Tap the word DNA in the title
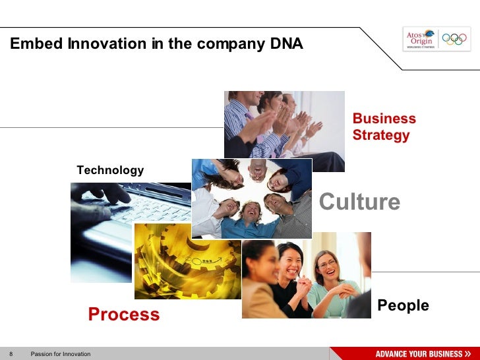pos(287,44)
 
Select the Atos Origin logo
pos(419,40)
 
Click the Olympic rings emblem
pos(454,40)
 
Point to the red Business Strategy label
pos(384,127)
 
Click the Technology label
pos(110,170)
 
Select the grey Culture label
pos(359,202)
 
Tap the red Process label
pos(124,315)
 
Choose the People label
pos(403,305)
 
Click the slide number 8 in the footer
pos(11,354)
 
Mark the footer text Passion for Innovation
pos(61,354)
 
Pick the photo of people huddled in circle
pos(251,198)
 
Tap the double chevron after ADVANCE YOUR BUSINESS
pos(467,354)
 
